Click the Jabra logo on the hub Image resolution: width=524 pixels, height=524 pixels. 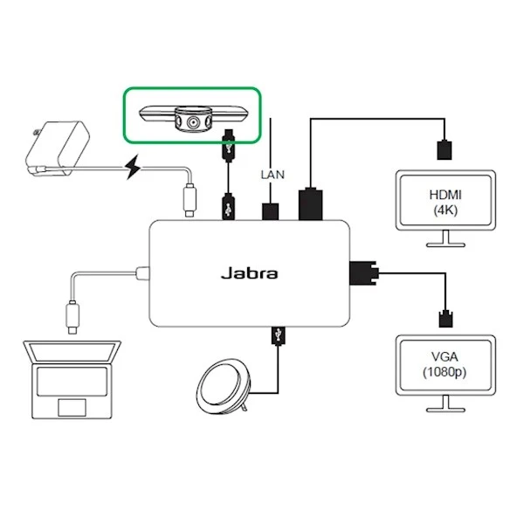(248, 273)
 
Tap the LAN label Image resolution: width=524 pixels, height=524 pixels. (272, 174)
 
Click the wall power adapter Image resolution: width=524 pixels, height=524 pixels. (54, 148)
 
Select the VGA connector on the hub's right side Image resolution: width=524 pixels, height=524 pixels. (361, 273)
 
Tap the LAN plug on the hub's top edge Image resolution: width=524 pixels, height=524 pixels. (271, 210)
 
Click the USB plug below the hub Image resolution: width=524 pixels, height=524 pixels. (277, 334)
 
